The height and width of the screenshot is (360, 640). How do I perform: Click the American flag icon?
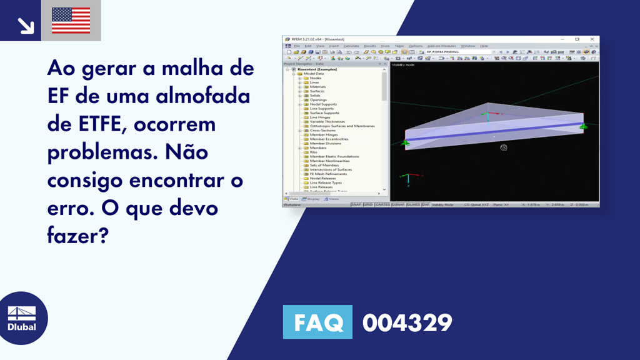71,21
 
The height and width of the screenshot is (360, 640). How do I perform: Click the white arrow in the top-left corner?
25,25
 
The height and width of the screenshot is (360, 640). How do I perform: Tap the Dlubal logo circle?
22,318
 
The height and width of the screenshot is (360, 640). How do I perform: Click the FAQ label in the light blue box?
317,322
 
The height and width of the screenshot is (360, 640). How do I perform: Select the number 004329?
407,322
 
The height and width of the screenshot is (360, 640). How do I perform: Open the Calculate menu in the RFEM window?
351,46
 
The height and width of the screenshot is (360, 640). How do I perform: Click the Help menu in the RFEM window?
484,46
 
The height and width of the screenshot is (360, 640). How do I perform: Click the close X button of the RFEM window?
592,39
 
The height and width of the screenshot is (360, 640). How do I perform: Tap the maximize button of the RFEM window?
577,39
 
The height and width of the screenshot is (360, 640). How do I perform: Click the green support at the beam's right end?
583,127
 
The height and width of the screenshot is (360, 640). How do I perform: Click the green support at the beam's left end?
405,144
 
